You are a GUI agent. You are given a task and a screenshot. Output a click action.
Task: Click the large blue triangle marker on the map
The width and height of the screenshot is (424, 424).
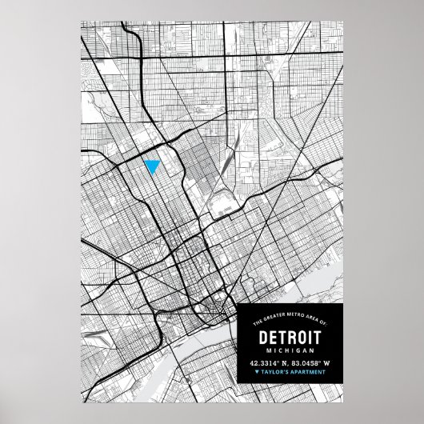[150, 166]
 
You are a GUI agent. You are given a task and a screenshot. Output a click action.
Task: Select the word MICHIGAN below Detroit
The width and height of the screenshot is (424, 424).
[290, 351]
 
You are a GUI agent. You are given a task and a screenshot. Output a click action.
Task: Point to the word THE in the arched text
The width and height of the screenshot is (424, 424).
[258, 322]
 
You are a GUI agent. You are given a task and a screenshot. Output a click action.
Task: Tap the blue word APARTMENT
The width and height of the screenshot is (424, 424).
[307, 371]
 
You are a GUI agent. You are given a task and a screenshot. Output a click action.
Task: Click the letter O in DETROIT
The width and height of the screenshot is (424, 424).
[307, 337]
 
